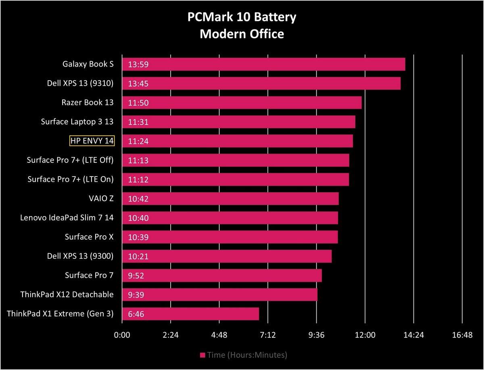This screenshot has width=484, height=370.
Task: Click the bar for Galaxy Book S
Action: tap(263, 64)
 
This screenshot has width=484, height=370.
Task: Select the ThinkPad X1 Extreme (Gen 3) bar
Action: tap(190, 314)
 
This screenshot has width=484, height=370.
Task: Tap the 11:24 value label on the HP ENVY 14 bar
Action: tap(138, 141)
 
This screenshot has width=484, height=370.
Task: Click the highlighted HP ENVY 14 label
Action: tap(92, 140)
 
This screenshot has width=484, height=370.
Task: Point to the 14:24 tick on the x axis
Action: tap(413, 335)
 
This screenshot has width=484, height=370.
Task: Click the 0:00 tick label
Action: tap(122, 335)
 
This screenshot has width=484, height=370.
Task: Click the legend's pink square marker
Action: tap(202, 355)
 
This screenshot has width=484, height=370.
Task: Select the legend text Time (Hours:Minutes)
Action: tap(247, 355)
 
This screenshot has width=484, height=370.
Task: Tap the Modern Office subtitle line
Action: tap(242, 34)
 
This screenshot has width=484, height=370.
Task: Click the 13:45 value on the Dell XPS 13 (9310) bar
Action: tap(138, 83)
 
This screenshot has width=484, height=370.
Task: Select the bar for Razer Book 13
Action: tap(242, 102)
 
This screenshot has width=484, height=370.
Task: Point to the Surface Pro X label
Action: tap(89, 237)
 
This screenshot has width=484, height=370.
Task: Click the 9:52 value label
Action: tap(136, 275)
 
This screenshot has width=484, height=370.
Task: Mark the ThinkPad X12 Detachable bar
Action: tap(219, 295)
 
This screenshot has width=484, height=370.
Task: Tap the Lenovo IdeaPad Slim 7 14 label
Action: tap(67, 218)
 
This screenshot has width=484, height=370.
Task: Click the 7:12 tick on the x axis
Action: tap(268, 335)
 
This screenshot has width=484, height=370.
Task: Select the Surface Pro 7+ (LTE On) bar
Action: tap(235, 179)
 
